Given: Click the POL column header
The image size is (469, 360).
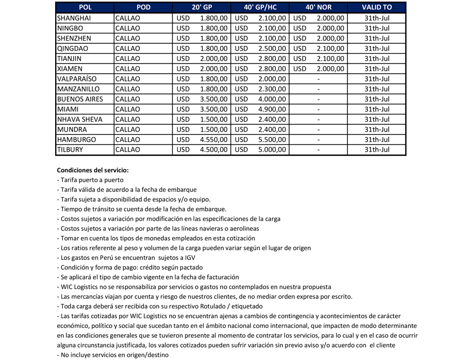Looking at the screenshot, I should pyautogui.click(x=85, y=7).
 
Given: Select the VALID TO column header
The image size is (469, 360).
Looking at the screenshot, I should pyautogui.click(x=377, y=7).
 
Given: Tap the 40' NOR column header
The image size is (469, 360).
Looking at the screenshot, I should pyautogui.click(x=319, y=7).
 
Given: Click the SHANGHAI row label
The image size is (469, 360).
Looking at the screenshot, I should pyautogui.click(x=74, y=18).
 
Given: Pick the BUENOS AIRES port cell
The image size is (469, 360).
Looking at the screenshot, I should pyautogui.click(x=80, y=99).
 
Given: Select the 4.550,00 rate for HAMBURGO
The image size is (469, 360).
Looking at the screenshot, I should pyautogui.click(x=213, y=140).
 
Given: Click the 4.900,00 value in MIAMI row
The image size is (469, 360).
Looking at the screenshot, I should pyautogui.click(x=272, y=109).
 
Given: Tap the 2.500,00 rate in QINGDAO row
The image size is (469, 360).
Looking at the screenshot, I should pyautogui.click(x=272, y=48).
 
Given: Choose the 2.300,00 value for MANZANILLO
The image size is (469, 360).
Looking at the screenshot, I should pyautogui.click(x=272, y=89).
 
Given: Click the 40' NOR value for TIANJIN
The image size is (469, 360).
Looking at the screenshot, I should pyautogui.click(x=330, y=58).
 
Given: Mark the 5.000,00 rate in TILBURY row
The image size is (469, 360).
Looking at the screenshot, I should pyautogui.click(x=272, y=150).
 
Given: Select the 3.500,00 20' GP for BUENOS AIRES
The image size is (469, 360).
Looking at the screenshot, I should pyautogui.click(x=213, y=99).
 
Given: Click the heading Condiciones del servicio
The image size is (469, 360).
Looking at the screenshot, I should pyautogui.click(x=93, y=170).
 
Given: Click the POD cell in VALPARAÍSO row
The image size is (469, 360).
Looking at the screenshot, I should pyautogui.click(x=128, y=79).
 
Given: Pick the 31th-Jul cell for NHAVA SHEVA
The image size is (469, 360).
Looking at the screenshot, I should pyautogui.click(x=377, y=119).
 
